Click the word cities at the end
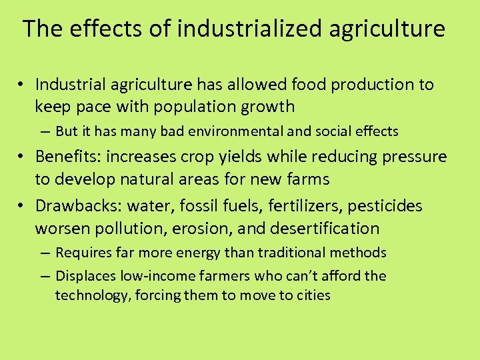click(x=312, y=295)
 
